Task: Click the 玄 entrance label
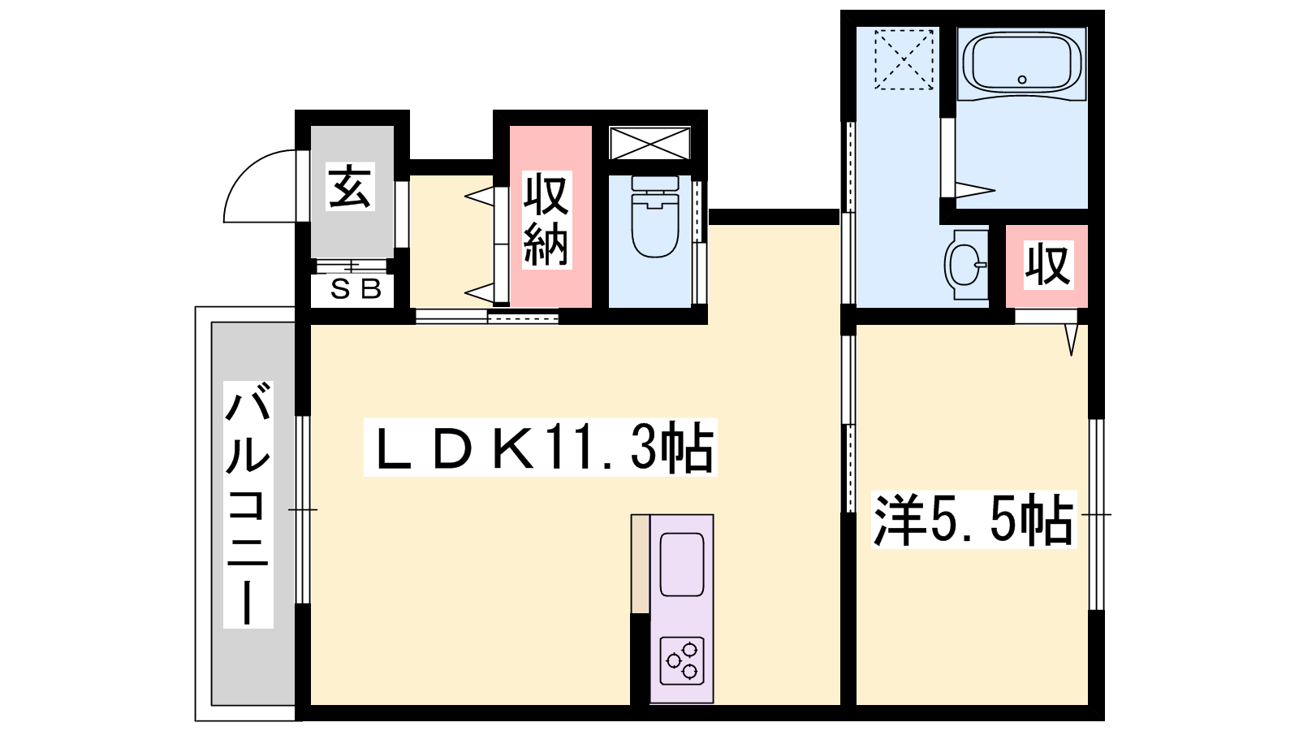(350, 186)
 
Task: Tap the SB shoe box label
(356, 289)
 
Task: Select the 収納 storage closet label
(547, 219)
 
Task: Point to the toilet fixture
(655, 216)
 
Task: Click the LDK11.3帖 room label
(541, 448)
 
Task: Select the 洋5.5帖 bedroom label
(973, 520)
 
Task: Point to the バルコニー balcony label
(248, 504)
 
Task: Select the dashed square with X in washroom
(904, 59)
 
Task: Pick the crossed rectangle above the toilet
(650, 143)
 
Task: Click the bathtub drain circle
(1022, 80)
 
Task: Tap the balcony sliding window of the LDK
(303, 509)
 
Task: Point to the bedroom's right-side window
(1096, 514)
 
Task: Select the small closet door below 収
(1046, 317)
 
